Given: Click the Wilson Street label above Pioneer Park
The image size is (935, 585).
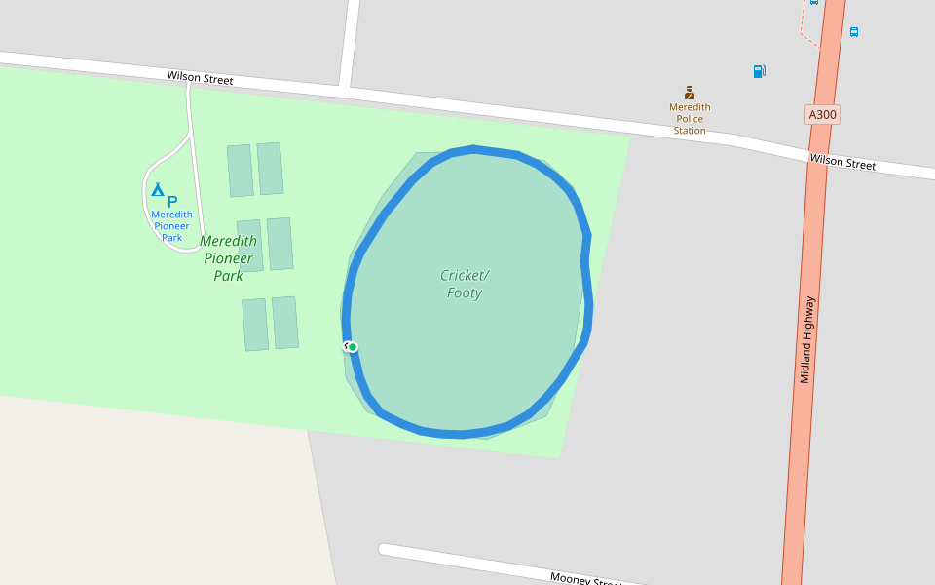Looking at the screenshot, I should click(x=200, y=77).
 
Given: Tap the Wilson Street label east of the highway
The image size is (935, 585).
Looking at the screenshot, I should click(x=842, y=163).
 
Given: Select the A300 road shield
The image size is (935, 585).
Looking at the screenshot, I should click(x=822, y=114).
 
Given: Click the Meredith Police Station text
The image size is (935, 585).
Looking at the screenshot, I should click(x=690, y=119).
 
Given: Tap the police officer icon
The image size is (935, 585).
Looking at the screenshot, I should click(x=690, y=93).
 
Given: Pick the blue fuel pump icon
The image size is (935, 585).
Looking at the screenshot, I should click(x=759, y=71).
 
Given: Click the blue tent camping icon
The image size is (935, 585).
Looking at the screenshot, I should click(x=157, y=189).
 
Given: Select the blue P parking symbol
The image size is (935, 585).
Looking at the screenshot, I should click(x=172, y=201).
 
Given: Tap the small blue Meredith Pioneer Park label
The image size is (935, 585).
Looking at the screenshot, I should click(x=171, y=226).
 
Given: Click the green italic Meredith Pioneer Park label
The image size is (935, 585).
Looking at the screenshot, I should click(x=229, y=257).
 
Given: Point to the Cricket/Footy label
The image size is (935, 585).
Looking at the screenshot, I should click(x=465, y=284).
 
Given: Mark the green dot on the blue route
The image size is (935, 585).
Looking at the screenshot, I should click(x=353, y=347).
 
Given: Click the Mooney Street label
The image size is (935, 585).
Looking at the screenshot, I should click(x=584, y=578).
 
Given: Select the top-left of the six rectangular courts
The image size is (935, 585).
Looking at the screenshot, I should click(x=241, y=171).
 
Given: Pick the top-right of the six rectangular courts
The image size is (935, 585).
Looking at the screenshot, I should click(x=270, y=169).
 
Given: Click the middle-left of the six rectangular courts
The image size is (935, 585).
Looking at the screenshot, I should click(x=250, y=246).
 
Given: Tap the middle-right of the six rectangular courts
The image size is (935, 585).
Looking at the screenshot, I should click(x=280, y=244).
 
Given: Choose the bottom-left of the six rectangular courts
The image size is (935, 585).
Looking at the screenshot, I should click(x=255, y=325).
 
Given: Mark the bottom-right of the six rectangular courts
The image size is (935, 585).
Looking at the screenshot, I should click(x=285, y=323).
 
